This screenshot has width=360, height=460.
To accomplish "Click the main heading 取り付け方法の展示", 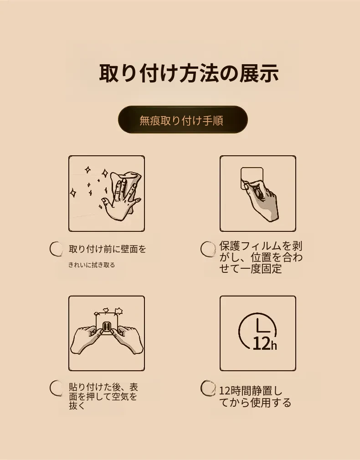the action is pos(189,73).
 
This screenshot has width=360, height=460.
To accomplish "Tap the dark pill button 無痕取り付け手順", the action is pos(183,120).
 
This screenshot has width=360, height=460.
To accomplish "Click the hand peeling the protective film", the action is pos(261,200).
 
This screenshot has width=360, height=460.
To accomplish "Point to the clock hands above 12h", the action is pos(262,326).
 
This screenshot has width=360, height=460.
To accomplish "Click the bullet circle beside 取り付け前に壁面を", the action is pos(56,249).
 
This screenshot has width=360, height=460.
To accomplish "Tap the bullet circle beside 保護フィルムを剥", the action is pos(208,249).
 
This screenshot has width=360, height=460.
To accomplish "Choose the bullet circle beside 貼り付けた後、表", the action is pos(56,388).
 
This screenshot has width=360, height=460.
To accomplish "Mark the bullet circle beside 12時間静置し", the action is pos(208,388).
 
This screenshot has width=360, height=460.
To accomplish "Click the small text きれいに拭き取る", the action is pos(92,265).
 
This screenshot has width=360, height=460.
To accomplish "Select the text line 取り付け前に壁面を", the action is pos(108,249).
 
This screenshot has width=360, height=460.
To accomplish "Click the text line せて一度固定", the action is pos(251,268).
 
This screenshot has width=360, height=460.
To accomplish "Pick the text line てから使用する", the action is pos(255,403).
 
